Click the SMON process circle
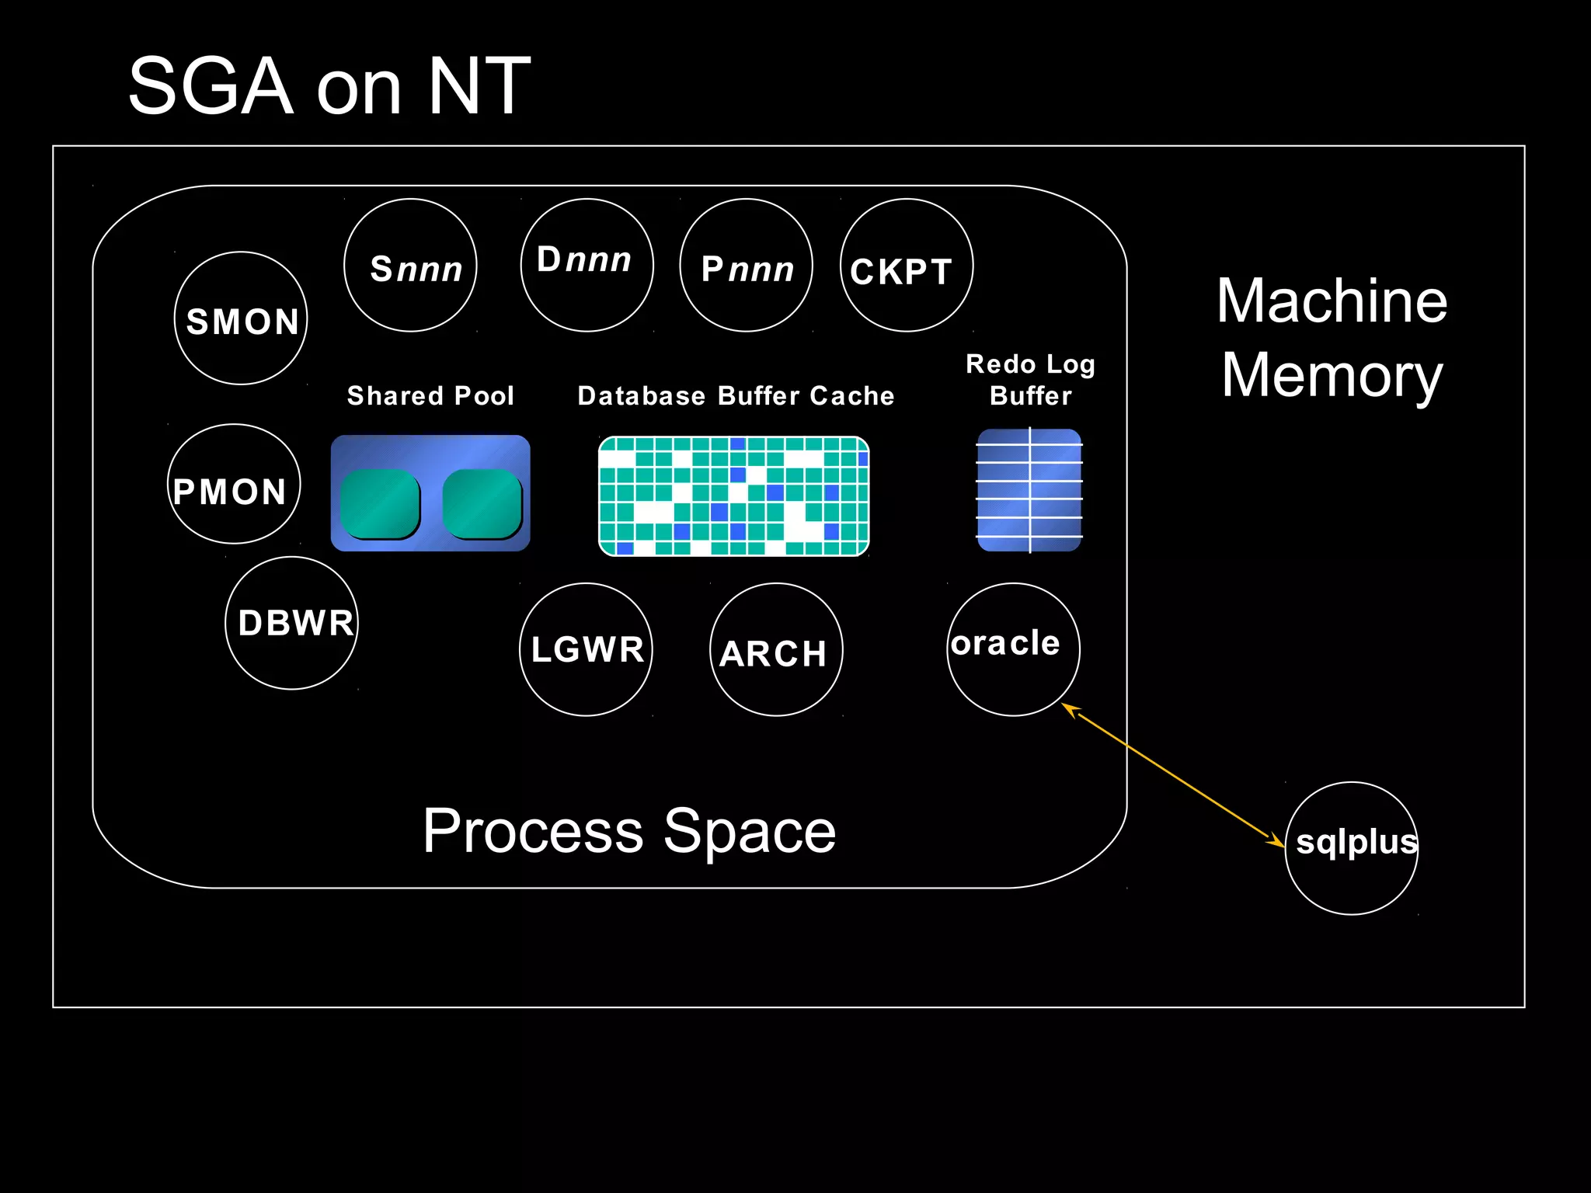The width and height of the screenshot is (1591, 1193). pyautogui.click(x=241, y=318)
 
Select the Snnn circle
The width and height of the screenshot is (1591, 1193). pyautogui.click(x=410, y=266)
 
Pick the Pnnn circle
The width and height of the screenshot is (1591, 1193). pyautogui.click(x=746, y=266)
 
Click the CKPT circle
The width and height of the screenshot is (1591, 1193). pyautogui.click(x=906, y=266)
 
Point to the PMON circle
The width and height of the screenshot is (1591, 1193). pyautogui.click(x=234, y=484)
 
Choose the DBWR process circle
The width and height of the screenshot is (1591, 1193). pyautogui.click(x=291, y=623)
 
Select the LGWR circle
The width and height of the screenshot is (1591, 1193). pyautogui.click(x=586, y=649)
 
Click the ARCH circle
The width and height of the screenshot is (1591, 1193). pyautogui.click(x=776, y=649)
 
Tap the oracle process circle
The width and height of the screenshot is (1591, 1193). pyautogui.click(x=1013, y=649)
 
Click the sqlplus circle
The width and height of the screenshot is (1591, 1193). pyautogui.click(x=1352, y=848)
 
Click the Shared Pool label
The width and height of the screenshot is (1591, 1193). pyautogui.click(x=430, y=396)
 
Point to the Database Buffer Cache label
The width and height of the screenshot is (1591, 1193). pyautogui.click(x=736, y=396)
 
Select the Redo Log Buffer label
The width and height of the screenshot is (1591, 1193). pyautogui.click(x=1030, y=380)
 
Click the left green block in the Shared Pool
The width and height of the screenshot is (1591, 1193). pyautogui.click(x=380, y=504)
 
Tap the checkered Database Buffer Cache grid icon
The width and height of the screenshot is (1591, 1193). pyautogui.click(x=733, y=496)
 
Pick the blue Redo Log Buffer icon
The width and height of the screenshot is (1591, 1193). pyautogui.click(x=1029, y=490)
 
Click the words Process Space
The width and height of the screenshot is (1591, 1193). pyautogui.click(x=629, y=831)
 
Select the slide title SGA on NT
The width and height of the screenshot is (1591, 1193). pyautogui.click(x=329, y=86)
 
